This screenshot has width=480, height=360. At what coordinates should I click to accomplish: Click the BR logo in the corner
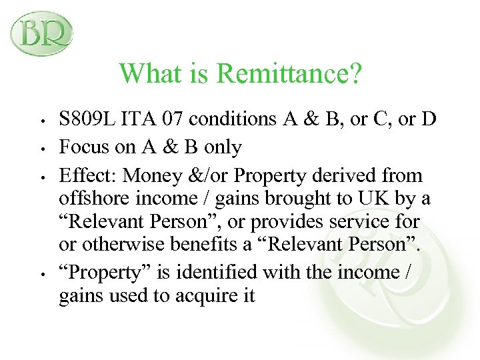pos(41,34)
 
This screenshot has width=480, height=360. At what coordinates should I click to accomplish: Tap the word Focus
pos(82,147)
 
